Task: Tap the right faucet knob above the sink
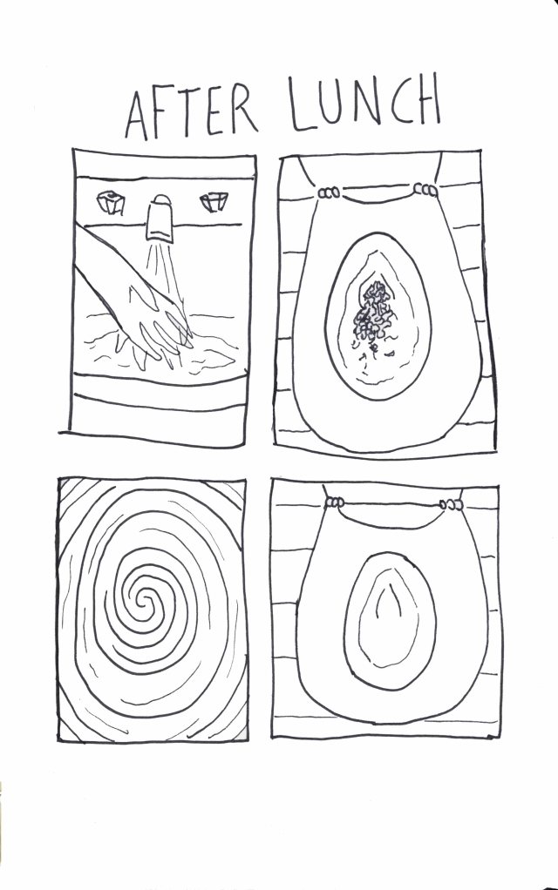pyautogui.click(x=213, y=203)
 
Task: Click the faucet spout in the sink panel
pyautogui.click(x=160, y=219)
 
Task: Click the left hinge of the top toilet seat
pyautogui.click(x=329, y=193)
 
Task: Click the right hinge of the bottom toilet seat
pyautogui.click(x=452, y=503)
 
